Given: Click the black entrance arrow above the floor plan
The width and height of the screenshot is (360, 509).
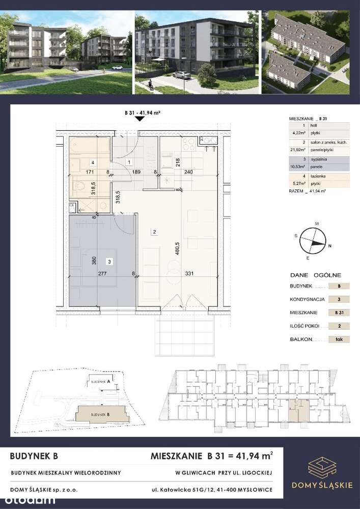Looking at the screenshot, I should click(x=141, y=119).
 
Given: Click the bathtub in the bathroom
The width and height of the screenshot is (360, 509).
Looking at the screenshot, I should click(x=90, y=146).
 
